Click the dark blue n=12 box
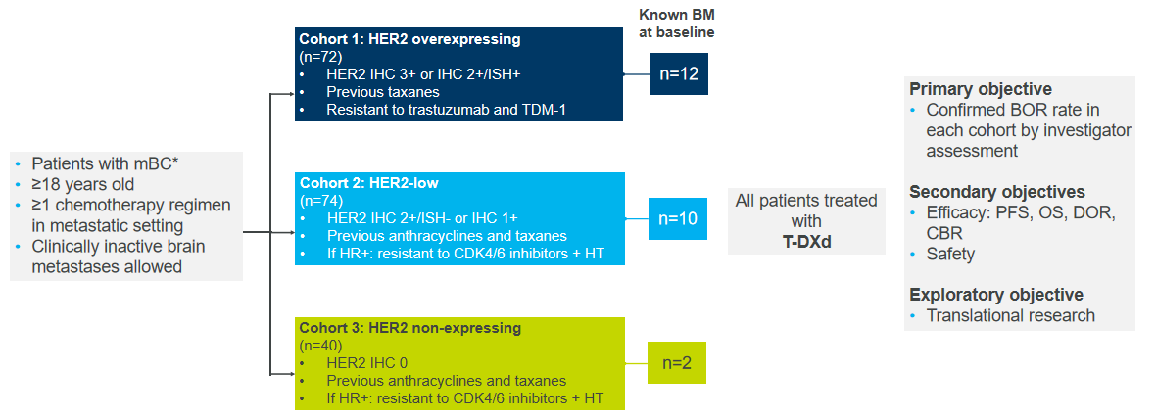pos(678,73)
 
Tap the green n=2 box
pos(677,363)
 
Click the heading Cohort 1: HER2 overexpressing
pos(409,40)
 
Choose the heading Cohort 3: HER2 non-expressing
pos(409,327)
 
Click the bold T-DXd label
pos(806,241)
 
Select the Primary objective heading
pos(980,89)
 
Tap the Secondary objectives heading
pos(996,192)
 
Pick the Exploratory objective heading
pos(996,295)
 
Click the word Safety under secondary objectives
pos(950,255)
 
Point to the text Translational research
pos(1011,315)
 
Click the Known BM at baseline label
pos(677,23)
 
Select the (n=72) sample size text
pos(320,56)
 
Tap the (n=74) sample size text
pos(320,201)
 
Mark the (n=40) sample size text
pos(320,345)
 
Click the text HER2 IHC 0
pos(367,363)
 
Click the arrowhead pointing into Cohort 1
pos(291,94)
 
